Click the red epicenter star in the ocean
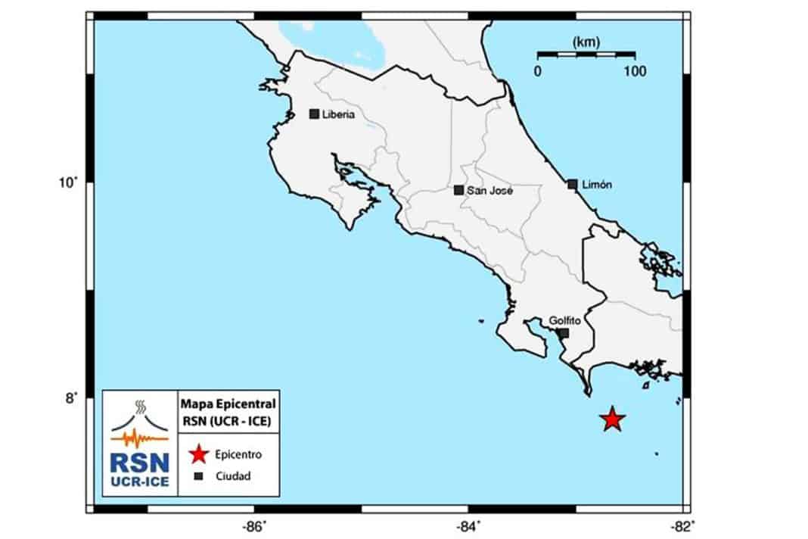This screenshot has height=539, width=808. [612, 419]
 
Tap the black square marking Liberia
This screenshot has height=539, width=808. [314, 114]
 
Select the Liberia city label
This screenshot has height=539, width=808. [338, 115]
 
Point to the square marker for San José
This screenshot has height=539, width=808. [458, 190]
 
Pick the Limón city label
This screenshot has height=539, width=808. [597, 185]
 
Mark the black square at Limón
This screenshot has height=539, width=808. [573, 184]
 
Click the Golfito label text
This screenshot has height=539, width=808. [564, 320]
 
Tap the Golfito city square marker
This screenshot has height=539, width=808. [564, 333]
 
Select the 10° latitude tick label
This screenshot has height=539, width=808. [70, 182]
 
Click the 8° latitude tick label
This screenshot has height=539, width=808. [70, 398]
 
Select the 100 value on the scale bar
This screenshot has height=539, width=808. [635, 71]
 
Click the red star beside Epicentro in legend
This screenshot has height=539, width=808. [198, 455]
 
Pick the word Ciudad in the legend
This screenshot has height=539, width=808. [233, 476]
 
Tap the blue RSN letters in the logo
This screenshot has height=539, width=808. [136, 463]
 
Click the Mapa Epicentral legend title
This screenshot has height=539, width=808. [228, 400]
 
